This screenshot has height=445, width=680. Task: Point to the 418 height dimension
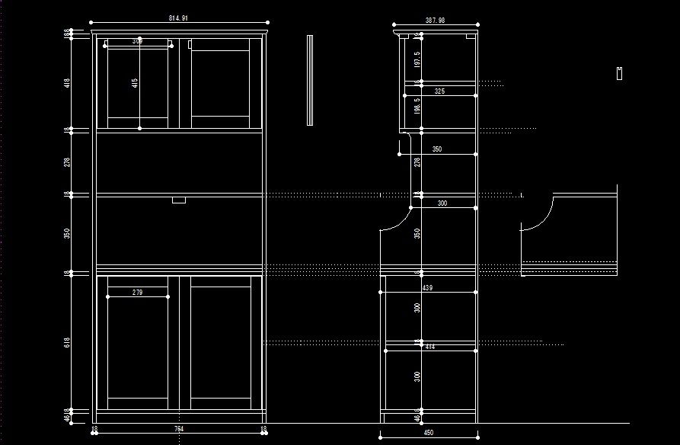pos(67,82)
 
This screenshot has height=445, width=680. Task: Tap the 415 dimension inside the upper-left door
pos(135,83)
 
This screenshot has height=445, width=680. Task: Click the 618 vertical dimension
pos(67,343)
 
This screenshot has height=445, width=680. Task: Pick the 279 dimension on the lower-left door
pos(137,292)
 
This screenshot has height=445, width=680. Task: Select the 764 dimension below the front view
pos(178,429)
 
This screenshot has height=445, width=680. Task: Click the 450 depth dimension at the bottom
pos(428,433)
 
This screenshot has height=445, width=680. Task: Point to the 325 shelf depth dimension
pos(439,91)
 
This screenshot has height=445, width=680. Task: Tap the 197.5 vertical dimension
pos(417,59)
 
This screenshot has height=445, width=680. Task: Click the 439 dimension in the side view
pos(427,287)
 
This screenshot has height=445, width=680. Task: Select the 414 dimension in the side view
pos(429,347)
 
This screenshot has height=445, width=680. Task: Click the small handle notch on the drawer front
pos(179,200)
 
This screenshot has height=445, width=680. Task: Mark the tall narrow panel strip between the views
pos(310,80)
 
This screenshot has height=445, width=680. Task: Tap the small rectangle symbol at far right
pos(620,73)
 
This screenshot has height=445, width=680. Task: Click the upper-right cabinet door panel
pos(220,84)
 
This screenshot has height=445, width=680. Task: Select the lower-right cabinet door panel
pos(221,342)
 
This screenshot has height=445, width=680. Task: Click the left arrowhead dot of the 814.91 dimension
pos(91,23)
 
